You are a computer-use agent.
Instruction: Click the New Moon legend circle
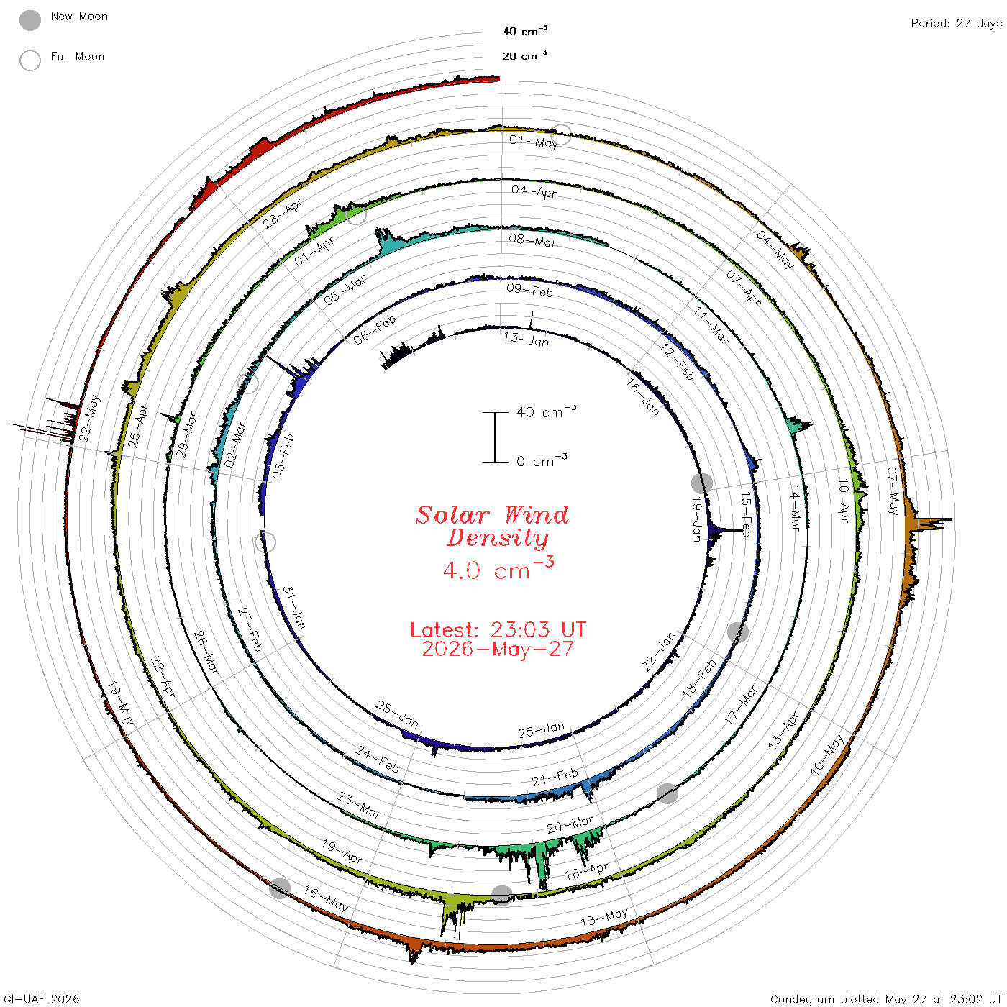click(30, 20)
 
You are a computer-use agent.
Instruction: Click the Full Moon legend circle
click(30, 60)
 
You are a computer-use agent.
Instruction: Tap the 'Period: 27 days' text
click(956, 24)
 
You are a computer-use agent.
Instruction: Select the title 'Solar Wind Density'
click(492, 526)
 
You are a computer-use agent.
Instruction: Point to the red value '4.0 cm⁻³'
click(498, 569)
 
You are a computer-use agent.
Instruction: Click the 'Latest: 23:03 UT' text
click(498, 629)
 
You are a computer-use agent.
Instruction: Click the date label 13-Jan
click(527, 340)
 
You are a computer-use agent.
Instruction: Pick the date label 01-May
click(534, 141)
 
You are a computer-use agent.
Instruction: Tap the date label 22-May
click(89, 419)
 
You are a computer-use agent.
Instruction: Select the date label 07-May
click(892, 490)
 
